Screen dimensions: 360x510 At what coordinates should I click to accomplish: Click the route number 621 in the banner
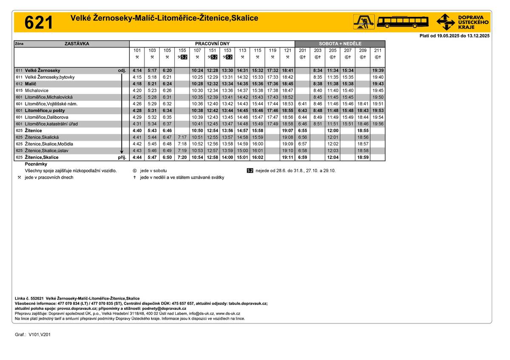pyautogui.click(x=39, y=23)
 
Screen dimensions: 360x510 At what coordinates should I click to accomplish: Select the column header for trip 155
pyautogui.click(x=182, y=51)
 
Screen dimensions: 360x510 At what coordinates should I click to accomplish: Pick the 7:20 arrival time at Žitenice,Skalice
pyautogui.click(x=182, y=158)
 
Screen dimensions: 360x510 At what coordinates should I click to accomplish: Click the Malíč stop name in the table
pyautogui.click(x=31, y=84)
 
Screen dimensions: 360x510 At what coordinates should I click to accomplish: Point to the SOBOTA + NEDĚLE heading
pyautogui.click(x=340, y=44)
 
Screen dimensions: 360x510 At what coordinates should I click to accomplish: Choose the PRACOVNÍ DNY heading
pyautogui.click(x=212, y=44)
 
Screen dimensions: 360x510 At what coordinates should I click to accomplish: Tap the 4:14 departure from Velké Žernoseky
pyautogui.click(x=137, y=71)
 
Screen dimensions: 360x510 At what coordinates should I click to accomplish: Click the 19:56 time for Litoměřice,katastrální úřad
pyautogui.click(x=378, y=124)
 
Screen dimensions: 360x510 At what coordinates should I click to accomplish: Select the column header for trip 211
pyautogui.click(x=378, y=51)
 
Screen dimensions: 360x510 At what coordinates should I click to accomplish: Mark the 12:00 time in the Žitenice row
pyautogui.click(x=333, y=131)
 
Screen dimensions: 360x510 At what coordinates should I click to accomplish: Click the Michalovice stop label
pyautogui.click(x=37, y=91)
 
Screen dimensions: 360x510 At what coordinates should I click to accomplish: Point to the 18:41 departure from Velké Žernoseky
pyautogui.click(x=287, y=71)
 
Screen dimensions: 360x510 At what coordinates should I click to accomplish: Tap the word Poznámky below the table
pyautogui.click(x=36, y=164)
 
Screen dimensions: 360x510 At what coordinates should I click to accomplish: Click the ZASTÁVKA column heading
pyautogui.click(x=77, y=44)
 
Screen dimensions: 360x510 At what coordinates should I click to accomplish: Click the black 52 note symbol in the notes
pyautogui.click(x=250, y=171)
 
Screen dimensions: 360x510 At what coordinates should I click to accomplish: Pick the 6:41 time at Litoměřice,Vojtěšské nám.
pyautogui.click(x=303, y=104)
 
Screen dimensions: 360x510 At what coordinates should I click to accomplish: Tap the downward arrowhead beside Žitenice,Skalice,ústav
pyautogui.click(x=122, y=152)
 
